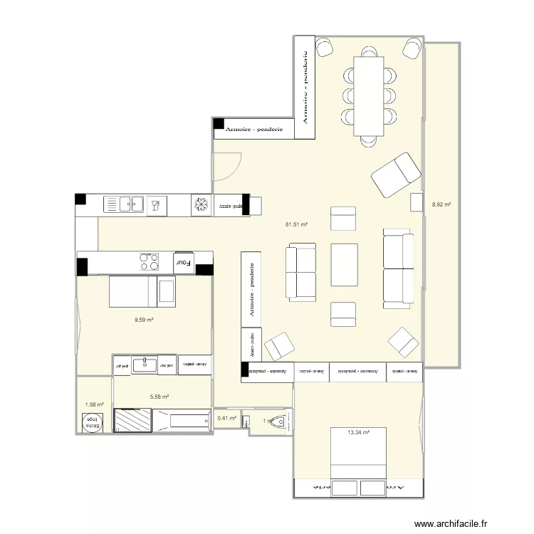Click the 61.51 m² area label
(x=296, y=225)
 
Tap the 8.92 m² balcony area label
(x=441, y=205)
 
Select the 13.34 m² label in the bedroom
(x=357, y=431)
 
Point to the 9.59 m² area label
(x=145, y=320)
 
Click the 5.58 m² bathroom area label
(x=159, y=397)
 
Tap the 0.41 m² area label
(x=226, y=419)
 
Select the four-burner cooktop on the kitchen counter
(x=150, y=262)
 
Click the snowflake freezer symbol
(x=201, y=205)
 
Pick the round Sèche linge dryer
(x=93, y=422)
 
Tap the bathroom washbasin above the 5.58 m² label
(x=145, y=365)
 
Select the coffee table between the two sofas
(x=345, y=265)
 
